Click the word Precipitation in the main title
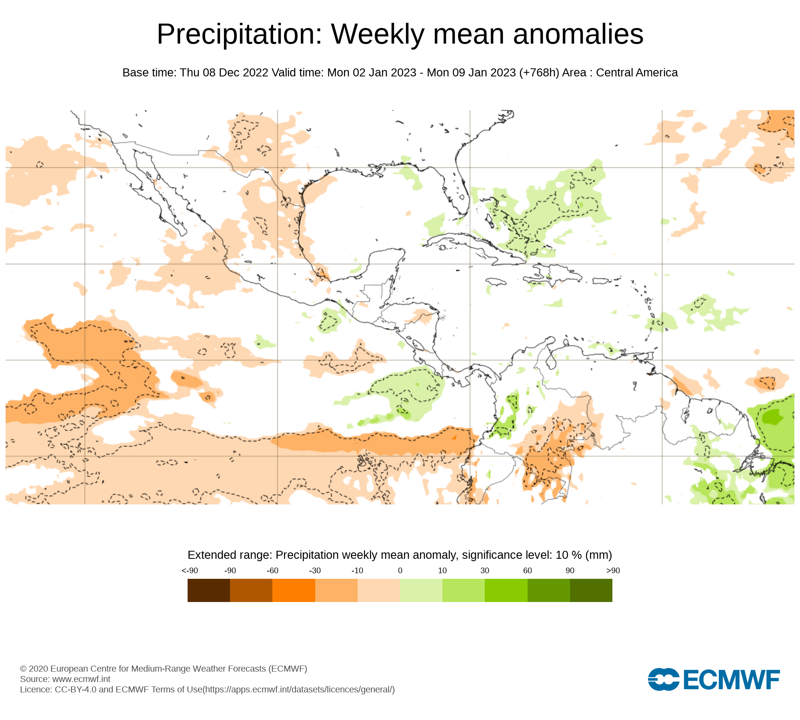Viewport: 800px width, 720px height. [239, 34]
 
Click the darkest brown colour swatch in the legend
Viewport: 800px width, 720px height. [208, 590]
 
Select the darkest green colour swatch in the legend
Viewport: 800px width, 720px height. [591, 590]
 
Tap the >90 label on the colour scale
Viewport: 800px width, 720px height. [613, 570]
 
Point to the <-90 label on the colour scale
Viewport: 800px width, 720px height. [190, 570]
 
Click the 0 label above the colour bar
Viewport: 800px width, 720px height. [400, 570]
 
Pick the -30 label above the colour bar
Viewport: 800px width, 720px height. [315, 570]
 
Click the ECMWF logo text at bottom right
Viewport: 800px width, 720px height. [731, 680]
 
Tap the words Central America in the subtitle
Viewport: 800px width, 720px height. [637, 73]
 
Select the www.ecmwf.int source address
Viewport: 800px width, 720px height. [81, 679]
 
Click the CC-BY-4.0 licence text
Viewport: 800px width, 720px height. [76, 689]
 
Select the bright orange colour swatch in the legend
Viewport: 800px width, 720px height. [294, 590]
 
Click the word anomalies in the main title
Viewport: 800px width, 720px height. [578, 34]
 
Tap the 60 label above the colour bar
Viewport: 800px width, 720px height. [528, 570]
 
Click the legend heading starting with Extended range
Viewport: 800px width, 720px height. [400, 555]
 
